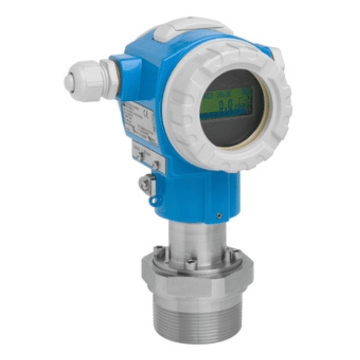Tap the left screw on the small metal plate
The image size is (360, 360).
point(141,156)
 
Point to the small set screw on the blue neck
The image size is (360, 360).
point(218,216)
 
